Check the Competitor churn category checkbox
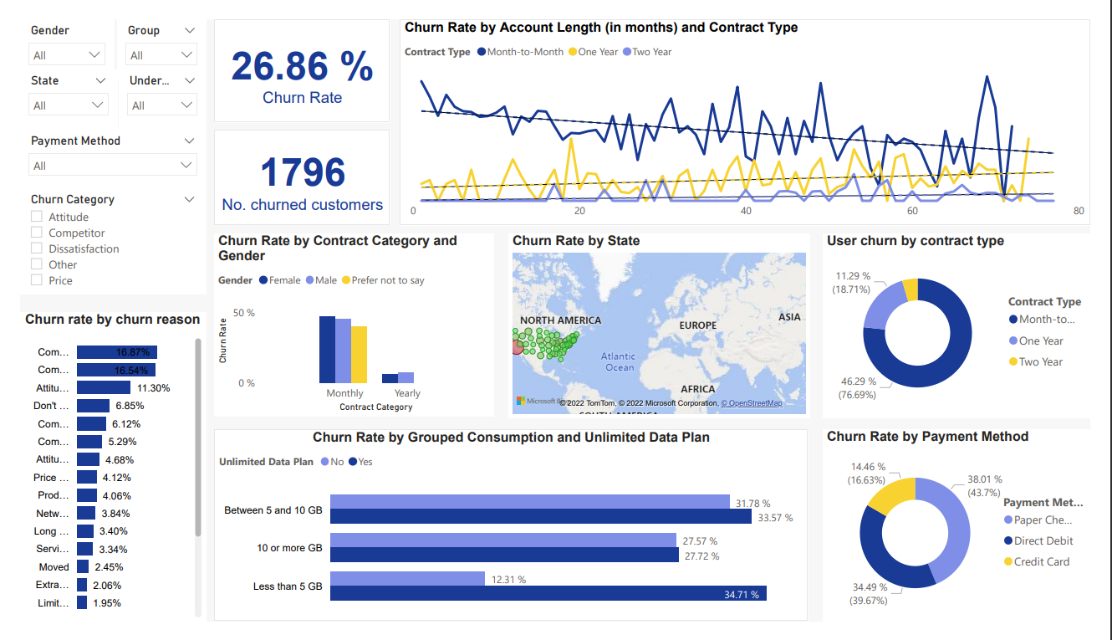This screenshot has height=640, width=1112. tap(37, 233)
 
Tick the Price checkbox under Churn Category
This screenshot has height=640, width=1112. tap(37, 280)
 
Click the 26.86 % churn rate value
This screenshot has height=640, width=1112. tap(302, 67)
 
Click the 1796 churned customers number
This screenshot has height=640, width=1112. tap(302, 172)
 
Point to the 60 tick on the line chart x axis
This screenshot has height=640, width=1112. tap(912, 211)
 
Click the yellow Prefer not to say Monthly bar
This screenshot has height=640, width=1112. tap(359, 354)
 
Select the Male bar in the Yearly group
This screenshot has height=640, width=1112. tap(406, 377)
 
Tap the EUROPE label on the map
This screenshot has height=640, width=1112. tap(697, 325)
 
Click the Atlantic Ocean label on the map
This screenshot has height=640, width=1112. tap(620, 361)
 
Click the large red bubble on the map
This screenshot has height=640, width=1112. tap(517, 347)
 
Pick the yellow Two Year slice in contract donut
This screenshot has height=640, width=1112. tap(911, 289)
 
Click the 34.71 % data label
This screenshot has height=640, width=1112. tap(742, 595)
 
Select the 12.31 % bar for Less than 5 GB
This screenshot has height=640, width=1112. tap(407, 579)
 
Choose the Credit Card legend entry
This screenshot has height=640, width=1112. tap(1041, 562)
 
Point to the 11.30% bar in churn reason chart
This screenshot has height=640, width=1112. tap(103, 388)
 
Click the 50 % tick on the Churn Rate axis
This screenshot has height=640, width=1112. tap(244, 313)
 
